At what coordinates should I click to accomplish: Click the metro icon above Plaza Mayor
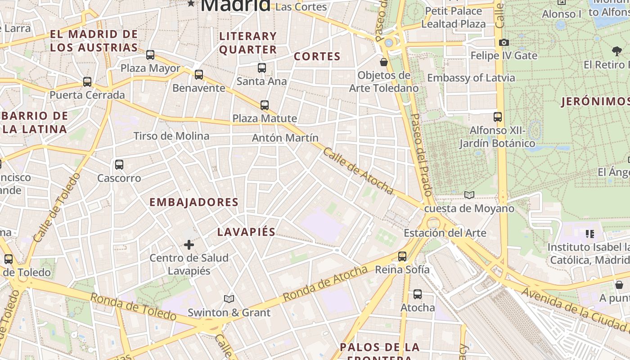point(150,55)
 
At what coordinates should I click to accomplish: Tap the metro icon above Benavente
point(199,75)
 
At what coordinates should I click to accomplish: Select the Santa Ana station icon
point(262,68)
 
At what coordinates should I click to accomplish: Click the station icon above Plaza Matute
point(265,105)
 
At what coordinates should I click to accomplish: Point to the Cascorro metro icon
point(119,165)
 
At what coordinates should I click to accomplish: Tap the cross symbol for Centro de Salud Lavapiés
point(189,245)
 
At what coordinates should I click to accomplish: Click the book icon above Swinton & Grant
point(229,299)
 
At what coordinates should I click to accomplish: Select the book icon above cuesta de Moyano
point(469,195)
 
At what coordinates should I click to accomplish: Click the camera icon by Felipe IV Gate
point(504,42)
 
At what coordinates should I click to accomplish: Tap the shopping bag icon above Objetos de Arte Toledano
point(384,62)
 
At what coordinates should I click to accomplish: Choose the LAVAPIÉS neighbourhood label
point(246,232)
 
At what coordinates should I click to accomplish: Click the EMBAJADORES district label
point(193,202)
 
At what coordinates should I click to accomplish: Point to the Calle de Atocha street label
point(358,171)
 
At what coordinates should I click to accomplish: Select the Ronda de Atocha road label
point(325,283)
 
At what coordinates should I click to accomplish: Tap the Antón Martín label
point(285,138)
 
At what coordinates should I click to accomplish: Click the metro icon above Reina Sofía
point(402,256)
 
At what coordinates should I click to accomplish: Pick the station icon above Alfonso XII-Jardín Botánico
point(498,117)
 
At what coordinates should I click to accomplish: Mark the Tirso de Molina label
point(171,136)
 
